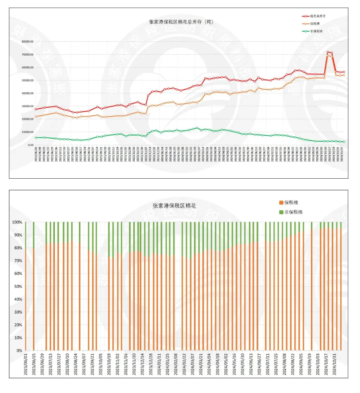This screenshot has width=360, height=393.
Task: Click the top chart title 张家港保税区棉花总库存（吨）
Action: [181, 22]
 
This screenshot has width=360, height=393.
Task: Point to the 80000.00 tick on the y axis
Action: [28, 41]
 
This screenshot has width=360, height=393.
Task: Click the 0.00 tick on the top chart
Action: [30, 145]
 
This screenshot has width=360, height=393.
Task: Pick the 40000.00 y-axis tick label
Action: [28, 93]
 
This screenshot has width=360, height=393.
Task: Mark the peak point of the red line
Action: [328, 52]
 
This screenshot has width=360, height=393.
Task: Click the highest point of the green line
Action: [197, 128]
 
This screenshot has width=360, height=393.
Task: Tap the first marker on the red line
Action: [36, 109]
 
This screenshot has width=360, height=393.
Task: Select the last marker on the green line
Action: [343, 142]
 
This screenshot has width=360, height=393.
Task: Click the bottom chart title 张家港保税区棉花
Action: [174, 206]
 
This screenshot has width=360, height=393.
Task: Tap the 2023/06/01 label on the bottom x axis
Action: [25, 367]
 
